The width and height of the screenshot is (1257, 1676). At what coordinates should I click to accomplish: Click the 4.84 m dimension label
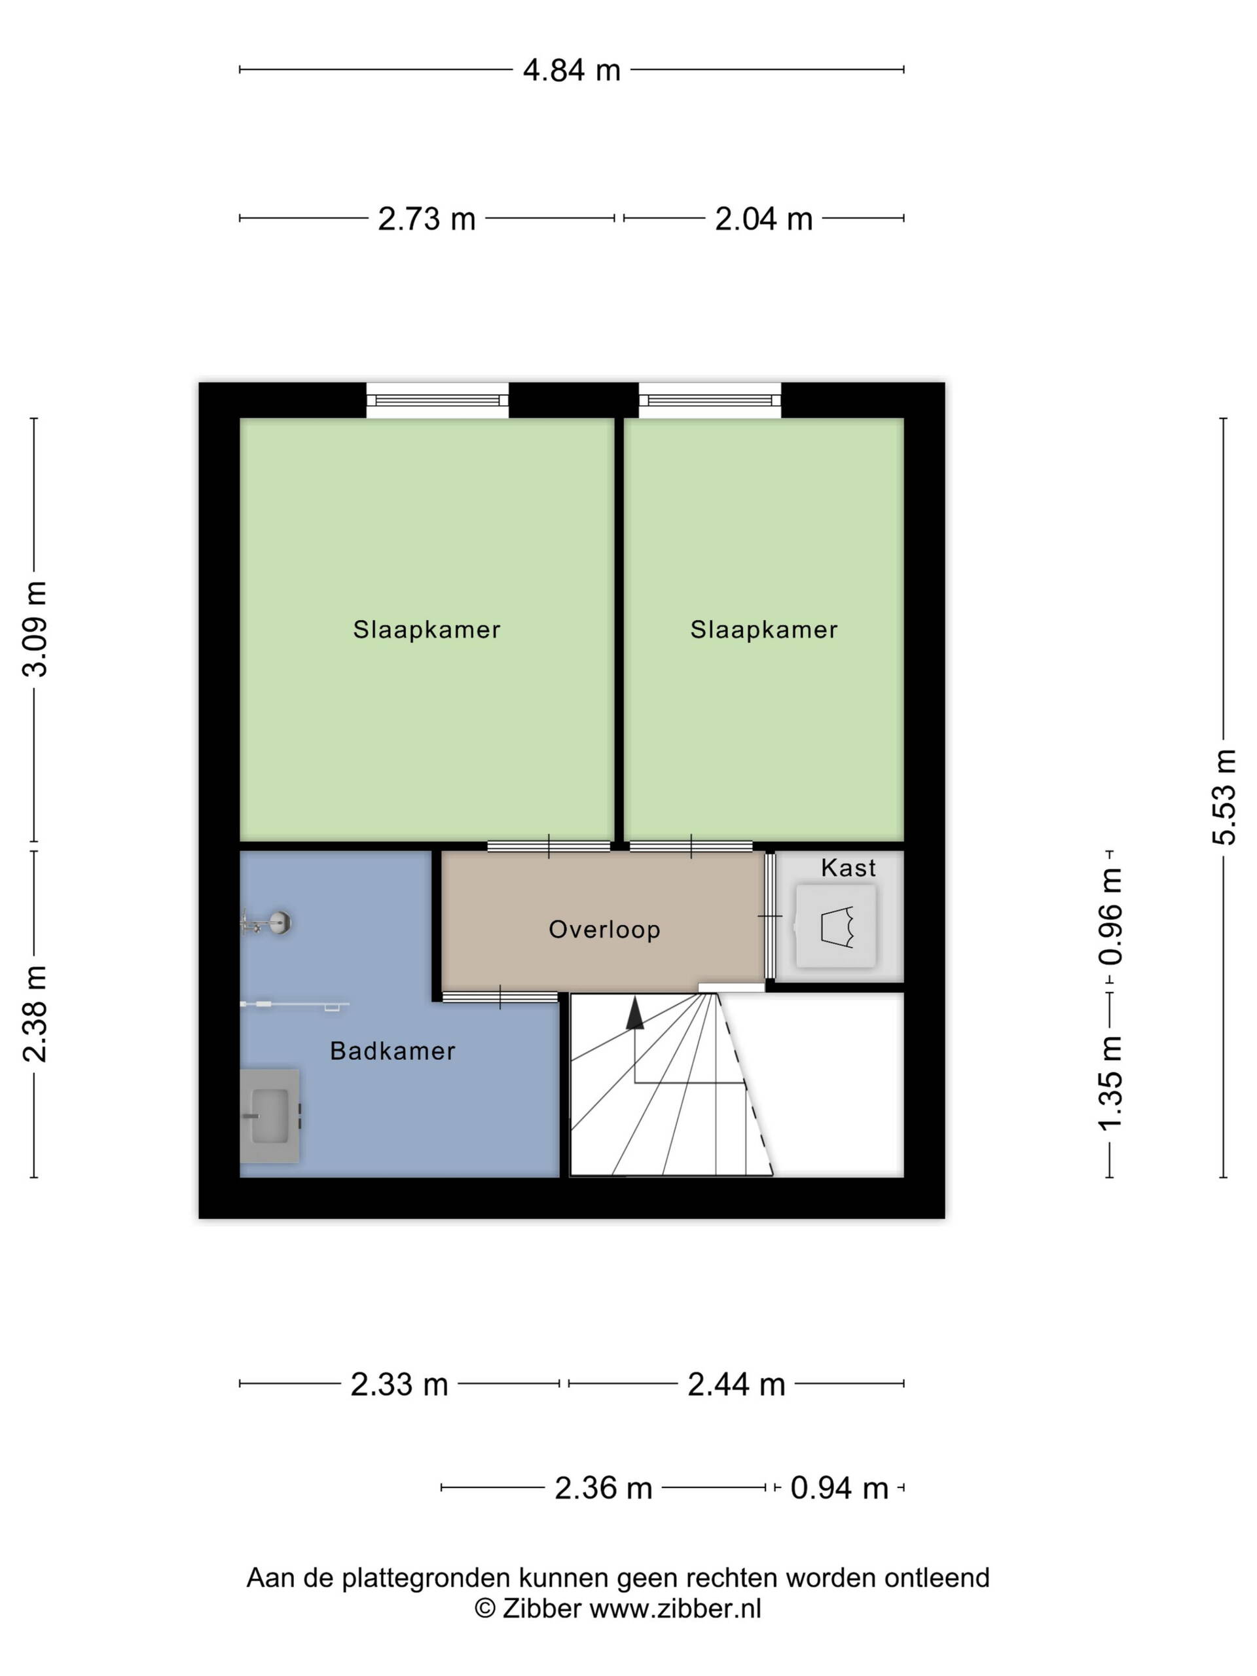[x=572, y=71]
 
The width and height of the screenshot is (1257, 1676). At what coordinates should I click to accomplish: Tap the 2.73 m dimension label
[x=427, y=219]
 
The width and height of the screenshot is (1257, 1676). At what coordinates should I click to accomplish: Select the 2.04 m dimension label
[x=764, y=219]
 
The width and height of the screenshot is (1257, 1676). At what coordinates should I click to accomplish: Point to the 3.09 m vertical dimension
[x=35, y=629]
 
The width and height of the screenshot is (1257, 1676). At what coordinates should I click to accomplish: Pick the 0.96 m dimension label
[x=1110, y=917]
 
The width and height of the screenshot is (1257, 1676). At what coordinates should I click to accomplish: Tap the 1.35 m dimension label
[x=1110, y=1083]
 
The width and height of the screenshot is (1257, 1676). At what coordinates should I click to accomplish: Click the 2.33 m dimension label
[x=399, y=1384]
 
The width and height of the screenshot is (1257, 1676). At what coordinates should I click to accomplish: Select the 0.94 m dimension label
[x=839, y=1488]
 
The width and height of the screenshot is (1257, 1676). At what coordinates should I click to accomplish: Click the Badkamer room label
[x=392, y=1051]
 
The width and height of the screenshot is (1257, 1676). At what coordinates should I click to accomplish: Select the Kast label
[x=848, y=867]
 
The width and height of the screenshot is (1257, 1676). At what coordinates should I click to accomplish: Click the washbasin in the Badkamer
[x=270, y=1116]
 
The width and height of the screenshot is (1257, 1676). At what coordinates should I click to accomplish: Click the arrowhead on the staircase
[x=635, y=1013]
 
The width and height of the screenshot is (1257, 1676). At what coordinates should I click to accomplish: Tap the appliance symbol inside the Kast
[x=836, y=926]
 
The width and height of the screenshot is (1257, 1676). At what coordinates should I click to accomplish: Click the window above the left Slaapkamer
[x=437, y=400]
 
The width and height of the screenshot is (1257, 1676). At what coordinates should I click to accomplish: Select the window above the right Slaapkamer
[x=710, y=400]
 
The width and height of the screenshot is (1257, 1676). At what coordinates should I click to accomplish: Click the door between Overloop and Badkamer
[x=500, y=997]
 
